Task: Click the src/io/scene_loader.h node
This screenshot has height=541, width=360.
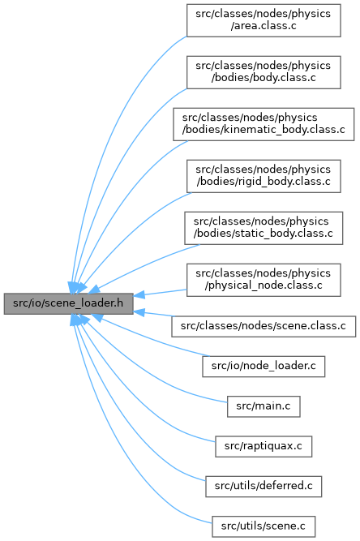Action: [x=68, y=303]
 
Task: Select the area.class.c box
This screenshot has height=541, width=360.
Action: [x=264, y=20]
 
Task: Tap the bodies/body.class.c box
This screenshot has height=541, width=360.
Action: [x=264, y=72]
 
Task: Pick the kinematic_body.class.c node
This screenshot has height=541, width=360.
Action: [x=264, y=124]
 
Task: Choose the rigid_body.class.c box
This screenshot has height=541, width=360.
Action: [x=264, y=176]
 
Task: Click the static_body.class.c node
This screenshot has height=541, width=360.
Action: [x=264, y=228]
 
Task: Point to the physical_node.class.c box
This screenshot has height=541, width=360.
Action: [x=264, y=280]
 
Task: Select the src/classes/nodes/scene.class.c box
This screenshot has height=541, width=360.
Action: [x=264, y=326]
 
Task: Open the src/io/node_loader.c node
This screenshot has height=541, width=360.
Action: [x=264, y=366]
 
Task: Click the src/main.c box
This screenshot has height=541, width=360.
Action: [x=264, y=406]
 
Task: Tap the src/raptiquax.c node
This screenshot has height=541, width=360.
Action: [x=264, y=446]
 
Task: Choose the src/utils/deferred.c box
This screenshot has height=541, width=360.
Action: [x=264, y=486]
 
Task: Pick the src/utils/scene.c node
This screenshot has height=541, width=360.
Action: [x=264, y=526]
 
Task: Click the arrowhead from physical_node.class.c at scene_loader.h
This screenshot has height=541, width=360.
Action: [x=139, y=295]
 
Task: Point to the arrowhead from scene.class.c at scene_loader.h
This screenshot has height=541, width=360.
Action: [x=139, y=312]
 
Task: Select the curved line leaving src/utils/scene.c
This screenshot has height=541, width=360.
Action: [x=114, y=449]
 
